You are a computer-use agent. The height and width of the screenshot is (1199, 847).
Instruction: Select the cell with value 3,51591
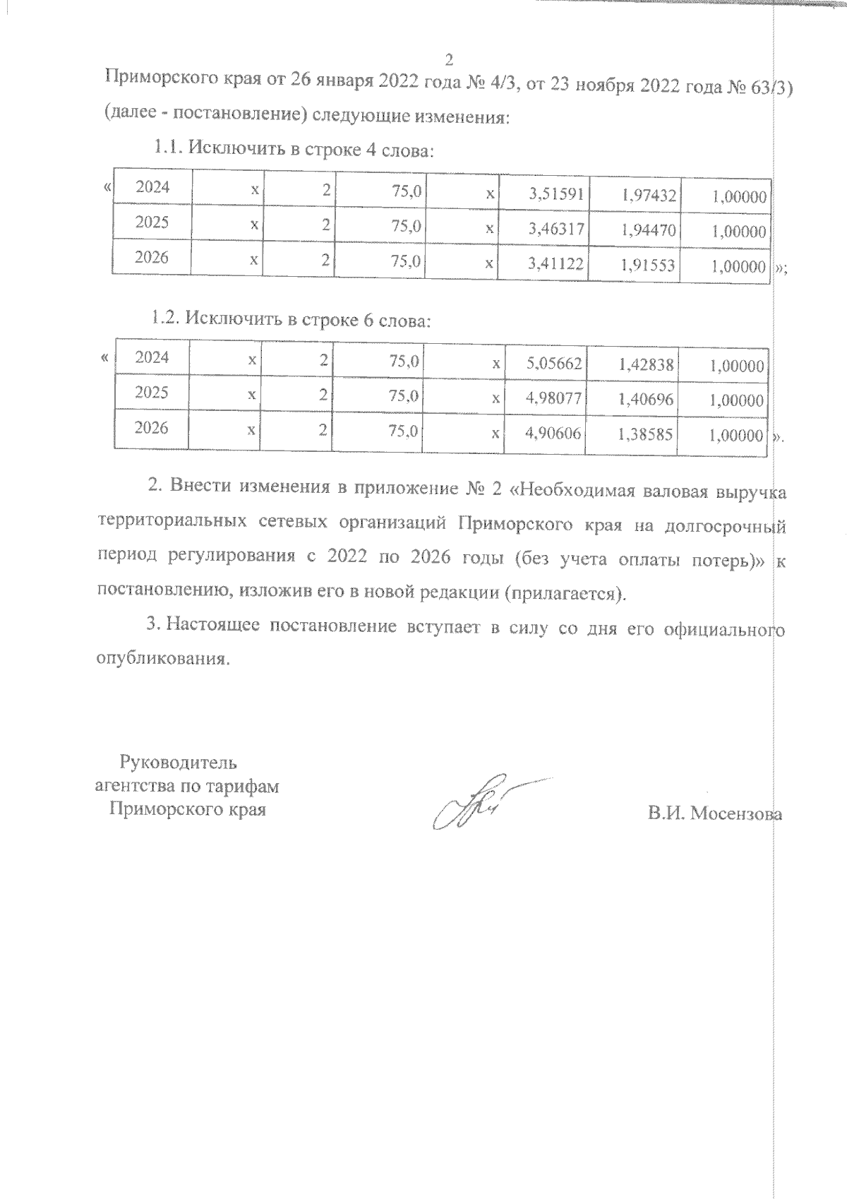pos(557,195)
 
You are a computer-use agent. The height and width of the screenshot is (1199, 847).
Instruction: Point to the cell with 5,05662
pos(554,364)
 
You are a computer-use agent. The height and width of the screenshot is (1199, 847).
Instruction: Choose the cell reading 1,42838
pos(647,364)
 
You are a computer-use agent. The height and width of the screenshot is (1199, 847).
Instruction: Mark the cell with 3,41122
pos(557,264)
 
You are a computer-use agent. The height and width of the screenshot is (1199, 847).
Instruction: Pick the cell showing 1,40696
pos(647,400)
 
